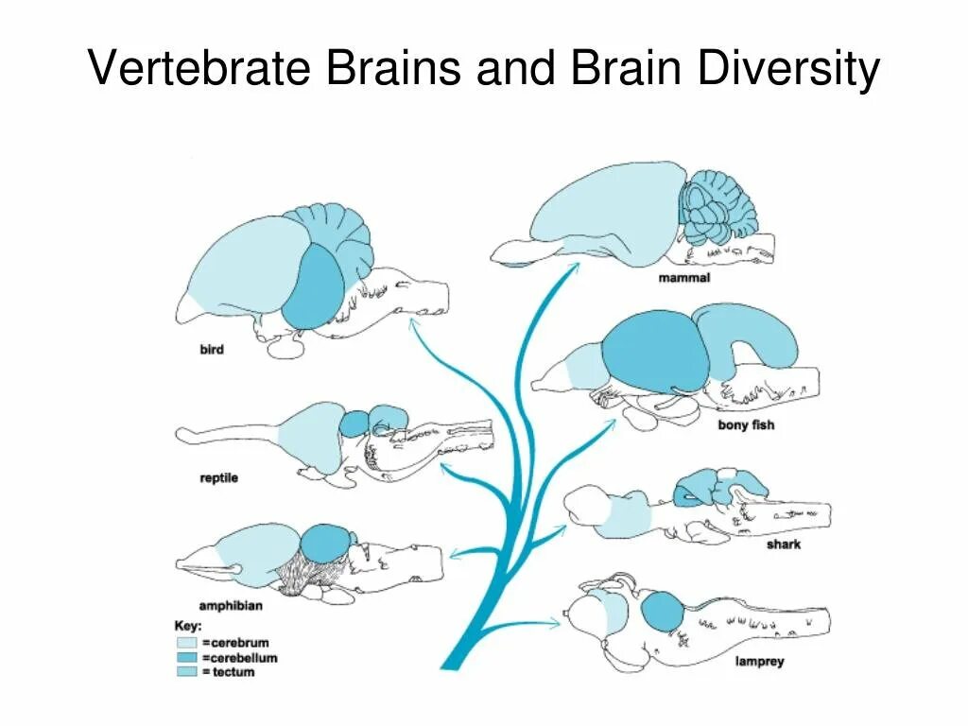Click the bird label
212,350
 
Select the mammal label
684,278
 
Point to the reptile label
219,477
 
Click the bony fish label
746,425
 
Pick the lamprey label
759,662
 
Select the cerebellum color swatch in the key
184,658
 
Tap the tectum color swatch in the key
184,672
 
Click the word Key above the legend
188,626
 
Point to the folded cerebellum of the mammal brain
717,206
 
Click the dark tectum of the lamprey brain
663,612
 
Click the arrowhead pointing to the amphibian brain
453,554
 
